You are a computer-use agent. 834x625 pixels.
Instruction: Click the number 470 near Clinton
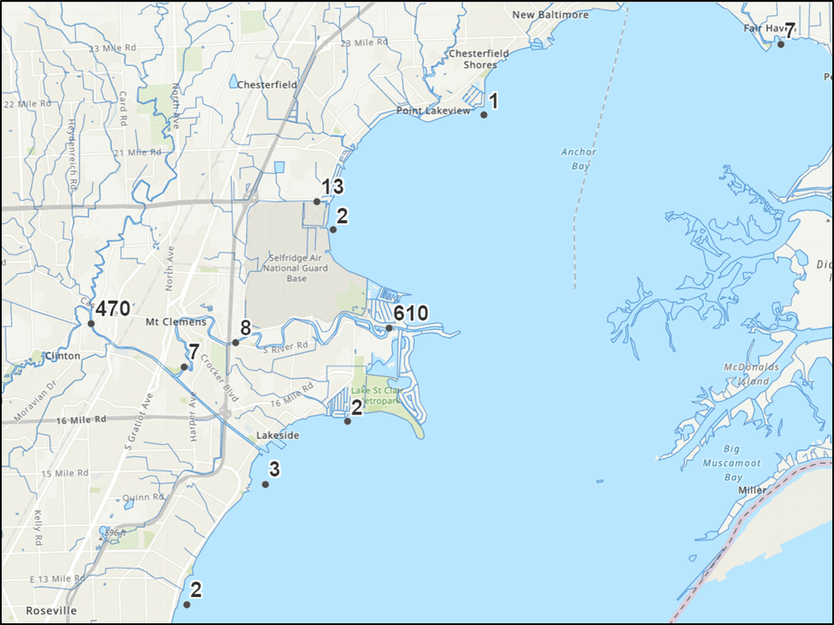click(112, 309)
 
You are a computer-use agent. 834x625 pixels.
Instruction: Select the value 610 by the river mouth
click(411, 314)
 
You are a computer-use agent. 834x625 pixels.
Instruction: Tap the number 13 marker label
click(331, 188)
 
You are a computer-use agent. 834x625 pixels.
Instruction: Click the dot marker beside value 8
click(236, 342)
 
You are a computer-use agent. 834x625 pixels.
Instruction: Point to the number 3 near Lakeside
click(274, 469)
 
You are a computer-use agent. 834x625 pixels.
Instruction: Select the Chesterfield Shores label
click(479, 59)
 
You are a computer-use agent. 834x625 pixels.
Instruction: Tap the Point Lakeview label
click(434, 112)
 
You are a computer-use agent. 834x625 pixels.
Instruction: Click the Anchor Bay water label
click(578, 159)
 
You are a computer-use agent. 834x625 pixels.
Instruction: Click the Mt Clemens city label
click(176, 322)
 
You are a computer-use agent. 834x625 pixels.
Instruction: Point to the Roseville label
click(51, 611)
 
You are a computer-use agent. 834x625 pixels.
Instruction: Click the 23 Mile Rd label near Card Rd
click(106, 47)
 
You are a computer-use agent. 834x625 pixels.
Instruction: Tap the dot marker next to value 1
click(484, 114)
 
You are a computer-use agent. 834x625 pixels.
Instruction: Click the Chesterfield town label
click(267, 84)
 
